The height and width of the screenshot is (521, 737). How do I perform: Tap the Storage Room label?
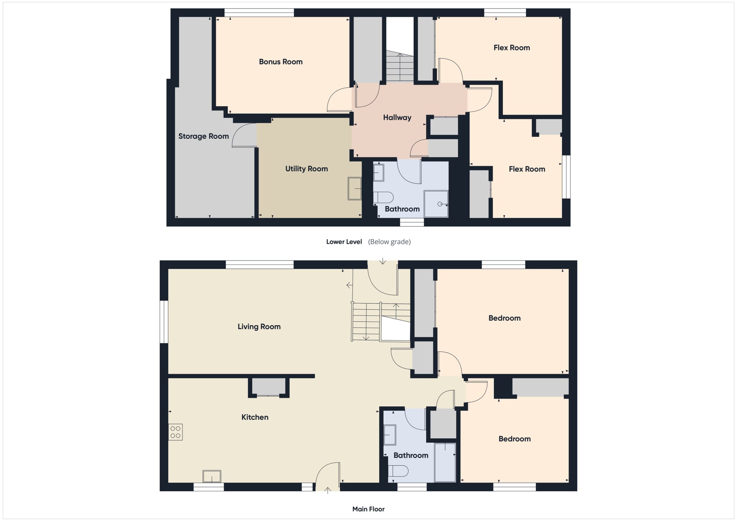pos(204,136)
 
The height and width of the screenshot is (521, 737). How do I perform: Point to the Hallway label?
pos(397,118)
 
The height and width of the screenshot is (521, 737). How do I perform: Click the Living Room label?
pos(259,327)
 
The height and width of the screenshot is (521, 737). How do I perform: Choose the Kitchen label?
pos(255,417)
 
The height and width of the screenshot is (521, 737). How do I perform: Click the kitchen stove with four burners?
pos(175,432)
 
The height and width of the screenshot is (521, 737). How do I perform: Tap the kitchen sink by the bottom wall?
pos(212,476)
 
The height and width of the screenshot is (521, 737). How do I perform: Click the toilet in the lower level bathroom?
pos(383,197)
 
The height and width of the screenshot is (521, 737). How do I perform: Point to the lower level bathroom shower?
pos(436,204)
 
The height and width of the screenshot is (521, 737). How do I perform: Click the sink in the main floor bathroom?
pos(390,435)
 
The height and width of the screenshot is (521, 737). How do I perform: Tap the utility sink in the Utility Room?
pos(355,189)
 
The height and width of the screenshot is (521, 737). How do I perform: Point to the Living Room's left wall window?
pos(164,322)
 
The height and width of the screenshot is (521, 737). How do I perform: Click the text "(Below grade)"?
pos(389,242)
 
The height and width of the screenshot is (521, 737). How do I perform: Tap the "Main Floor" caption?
pos(368,509)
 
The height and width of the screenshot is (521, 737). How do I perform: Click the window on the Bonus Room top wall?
pos(259,12)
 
